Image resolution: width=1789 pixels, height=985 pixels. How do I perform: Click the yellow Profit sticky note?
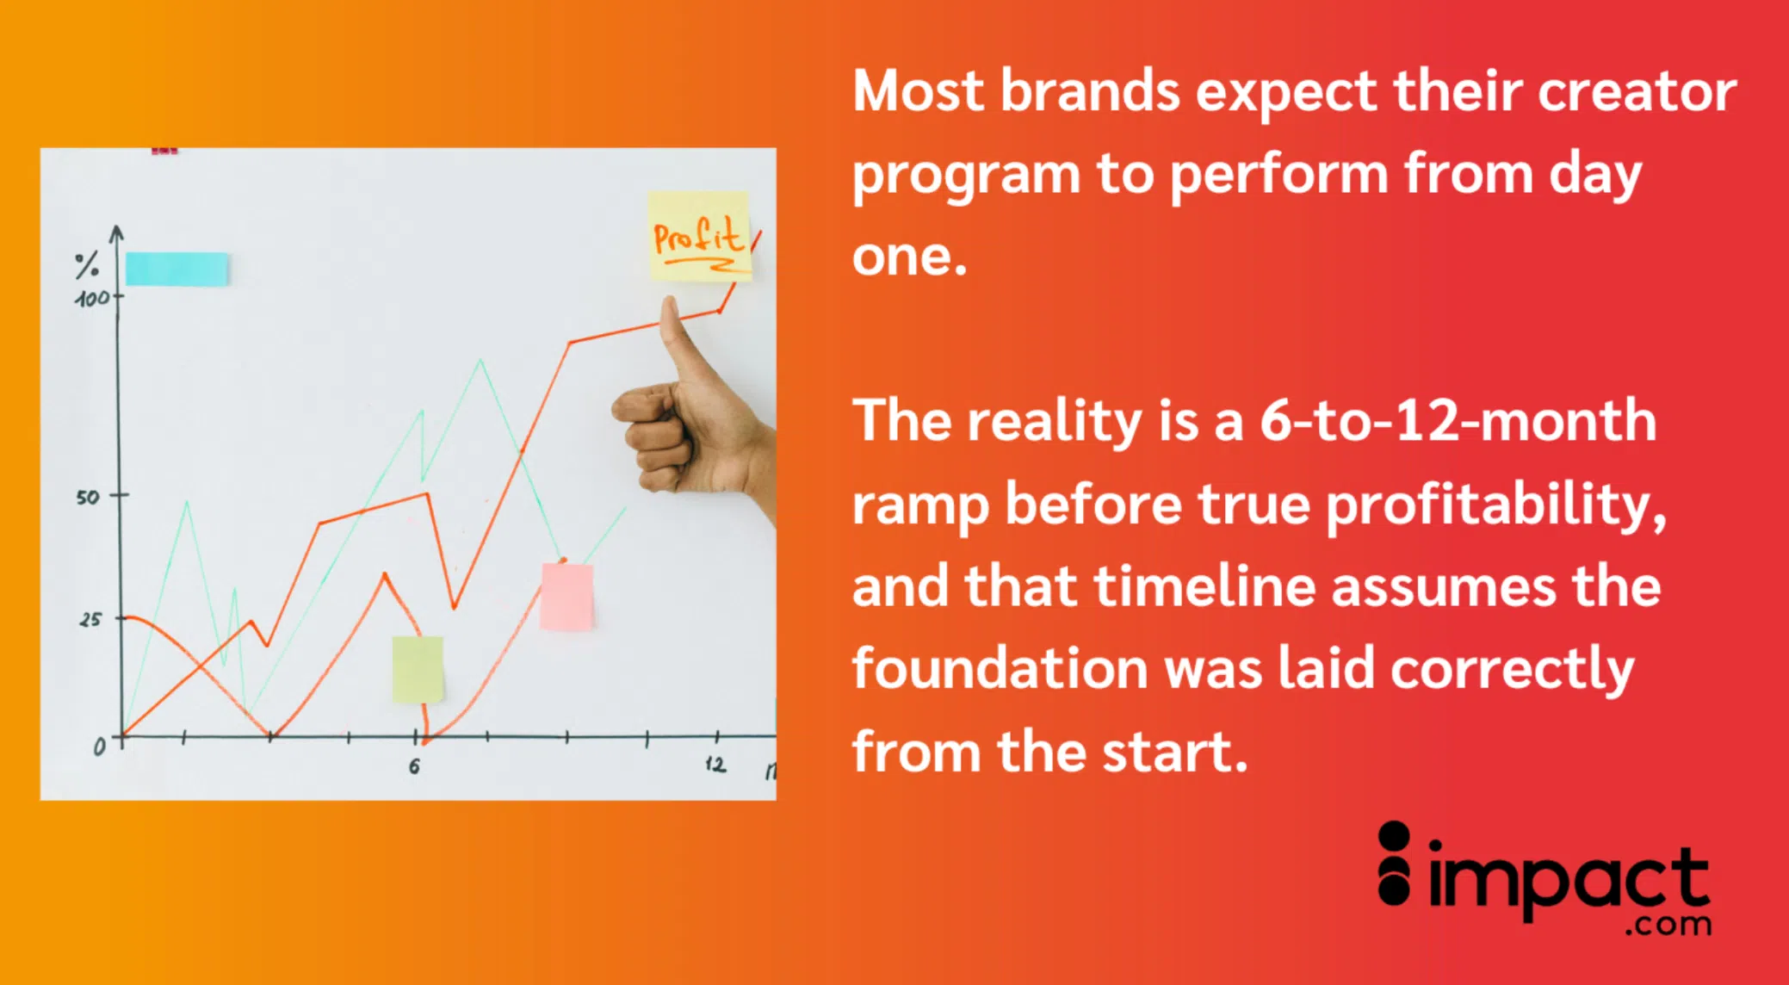pyautogui.click(x=699, y=236)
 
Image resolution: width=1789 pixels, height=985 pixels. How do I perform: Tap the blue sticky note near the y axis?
pyautogui.click(x=177, y=269)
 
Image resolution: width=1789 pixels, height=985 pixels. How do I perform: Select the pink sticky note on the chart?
pyautogui.click(x=567, y=597)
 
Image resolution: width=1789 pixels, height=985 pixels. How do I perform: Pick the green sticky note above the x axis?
pyautogui.click(x=418, y=670)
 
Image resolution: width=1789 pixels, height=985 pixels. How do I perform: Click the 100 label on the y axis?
pyautogui.click(x=93, y=299)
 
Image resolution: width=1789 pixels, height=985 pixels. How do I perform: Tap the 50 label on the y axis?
pyautogui.click(x=88, y=497)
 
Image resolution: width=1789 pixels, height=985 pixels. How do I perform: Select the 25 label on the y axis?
pyautogui.click(x=90, y=619)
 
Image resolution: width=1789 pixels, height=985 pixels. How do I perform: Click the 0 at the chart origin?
pyautogui.click(x=100, y=746)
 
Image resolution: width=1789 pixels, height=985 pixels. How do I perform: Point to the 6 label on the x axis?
pyautogui.click(x=414, y=765)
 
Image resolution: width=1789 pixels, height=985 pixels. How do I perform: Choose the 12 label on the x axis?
pyautogui.click(x=715, y=764)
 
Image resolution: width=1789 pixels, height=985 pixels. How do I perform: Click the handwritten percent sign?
pyautogui.click(x=86, y=265)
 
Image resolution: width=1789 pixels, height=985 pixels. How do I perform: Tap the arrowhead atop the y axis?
pyautogui.click(x=117, y=232)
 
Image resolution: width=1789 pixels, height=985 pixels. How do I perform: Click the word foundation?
pyautogui.click(x=1000, y=668)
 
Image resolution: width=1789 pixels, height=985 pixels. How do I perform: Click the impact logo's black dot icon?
pyautogui.click(x=1395, y=863)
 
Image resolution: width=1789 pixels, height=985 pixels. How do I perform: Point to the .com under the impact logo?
pyautogui.click(x=1668, y=925)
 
